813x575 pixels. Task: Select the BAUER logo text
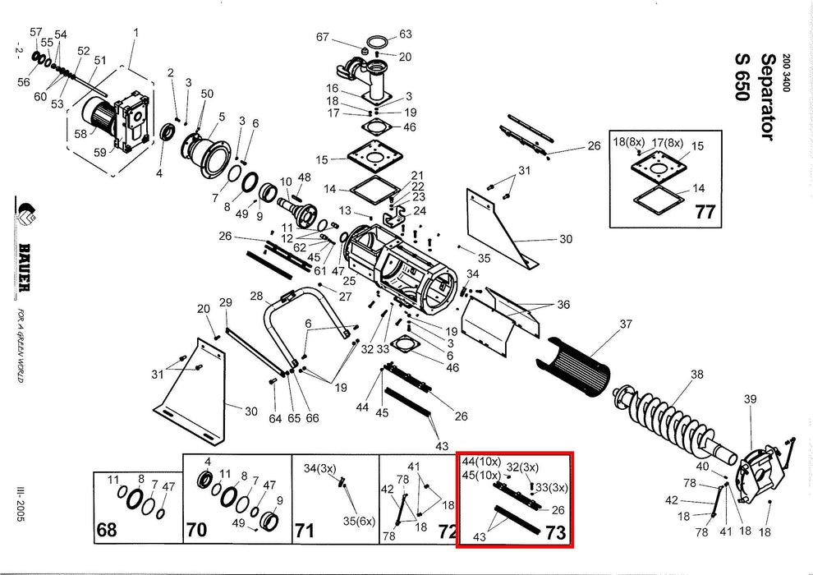[25, 267]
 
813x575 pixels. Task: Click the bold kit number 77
[705, 212]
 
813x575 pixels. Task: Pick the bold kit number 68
[107, 530]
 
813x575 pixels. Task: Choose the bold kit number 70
[196, 530]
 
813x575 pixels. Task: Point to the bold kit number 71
[305, 531]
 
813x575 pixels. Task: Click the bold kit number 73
[556, 532]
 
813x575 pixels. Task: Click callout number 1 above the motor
[135, 33]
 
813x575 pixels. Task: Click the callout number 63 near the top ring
[405, 34]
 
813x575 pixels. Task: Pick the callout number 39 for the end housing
[750, 399]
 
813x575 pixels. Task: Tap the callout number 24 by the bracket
[420, 210]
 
